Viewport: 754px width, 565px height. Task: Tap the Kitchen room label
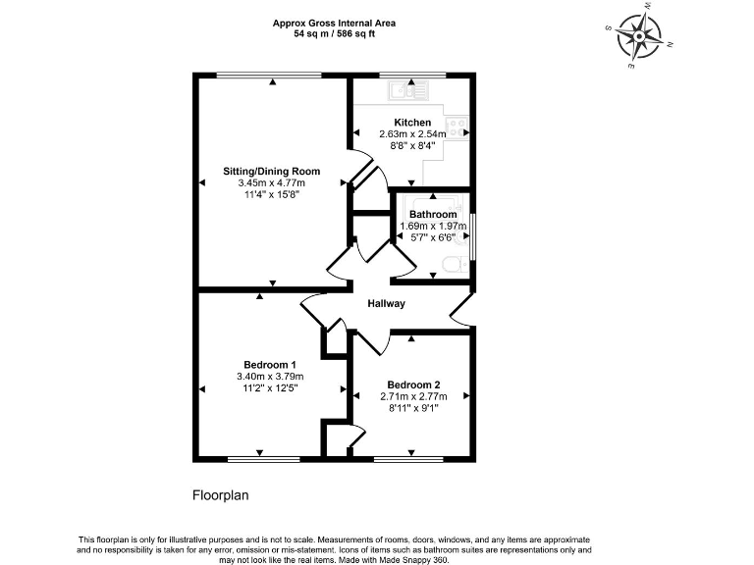tap(413, 123)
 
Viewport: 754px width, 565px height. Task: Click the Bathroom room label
tap(433, 215)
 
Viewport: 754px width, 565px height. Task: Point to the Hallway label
tap(387, 304)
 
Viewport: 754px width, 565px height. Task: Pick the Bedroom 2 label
tap(413, 385)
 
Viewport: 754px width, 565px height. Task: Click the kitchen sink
tap(408, 92)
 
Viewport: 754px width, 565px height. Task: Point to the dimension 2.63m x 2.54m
tap(413, 134)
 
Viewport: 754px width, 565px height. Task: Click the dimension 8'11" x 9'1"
tap(413, 409)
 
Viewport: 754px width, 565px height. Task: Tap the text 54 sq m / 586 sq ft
tap(334, 33)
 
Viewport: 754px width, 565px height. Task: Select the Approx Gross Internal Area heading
tap(334, 23)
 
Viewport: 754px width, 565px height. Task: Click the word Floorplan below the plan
tap(220, 495)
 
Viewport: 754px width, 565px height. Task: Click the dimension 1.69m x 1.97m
tap(433, 227)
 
